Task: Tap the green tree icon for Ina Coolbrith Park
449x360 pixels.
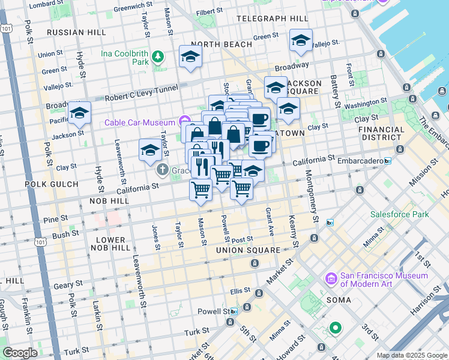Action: tap(158, 57)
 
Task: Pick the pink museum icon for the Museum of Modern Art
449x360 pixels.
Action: tap(330, 279)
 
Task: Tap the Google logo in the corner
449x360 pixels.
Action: tap(20, 353)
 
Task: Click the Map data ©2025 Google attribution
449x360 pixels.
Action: tap(411, 355)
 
